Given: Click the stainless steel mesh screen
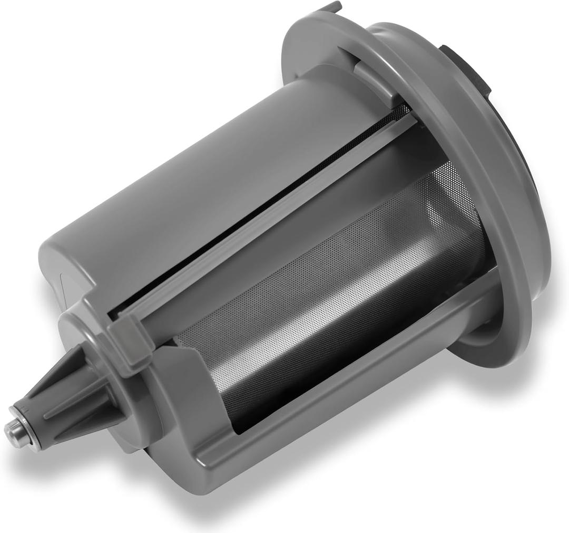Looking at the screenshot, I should [x=337, y=296].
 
